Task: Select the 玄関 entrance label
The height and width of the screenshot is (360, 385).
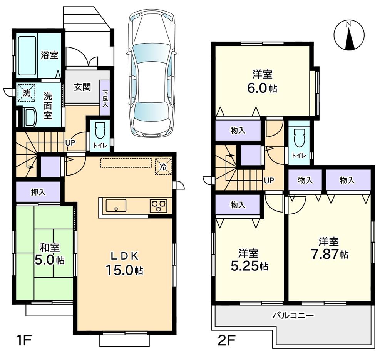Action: [x=82, y=87]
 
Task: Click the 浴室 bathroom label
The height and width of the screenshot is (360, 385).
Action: [x=49, y=55]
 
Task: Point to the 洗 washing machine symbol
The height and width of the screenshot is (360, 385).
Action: [x=26, y=93]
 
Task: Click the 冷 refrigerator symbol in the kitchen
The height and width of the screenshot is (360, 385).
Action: [x=163, y=167]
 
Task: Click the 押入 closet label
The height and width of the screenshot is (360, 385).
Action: [x=38, y=192]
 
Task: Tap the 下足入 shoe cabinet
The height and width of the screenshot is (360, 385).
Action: [x=105, y=97]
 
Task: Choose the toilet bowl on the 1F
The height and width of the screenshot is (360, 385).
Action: [x=99, y=131]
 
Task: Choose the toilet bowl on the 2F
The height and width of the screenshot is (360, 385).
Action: [x=299, y=137]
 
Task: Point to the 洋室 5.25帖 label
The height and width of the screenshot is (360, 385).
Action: [x=248, y=260]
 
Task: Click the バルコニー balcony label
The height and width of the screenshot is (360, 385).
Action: [x=293, y=315]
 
